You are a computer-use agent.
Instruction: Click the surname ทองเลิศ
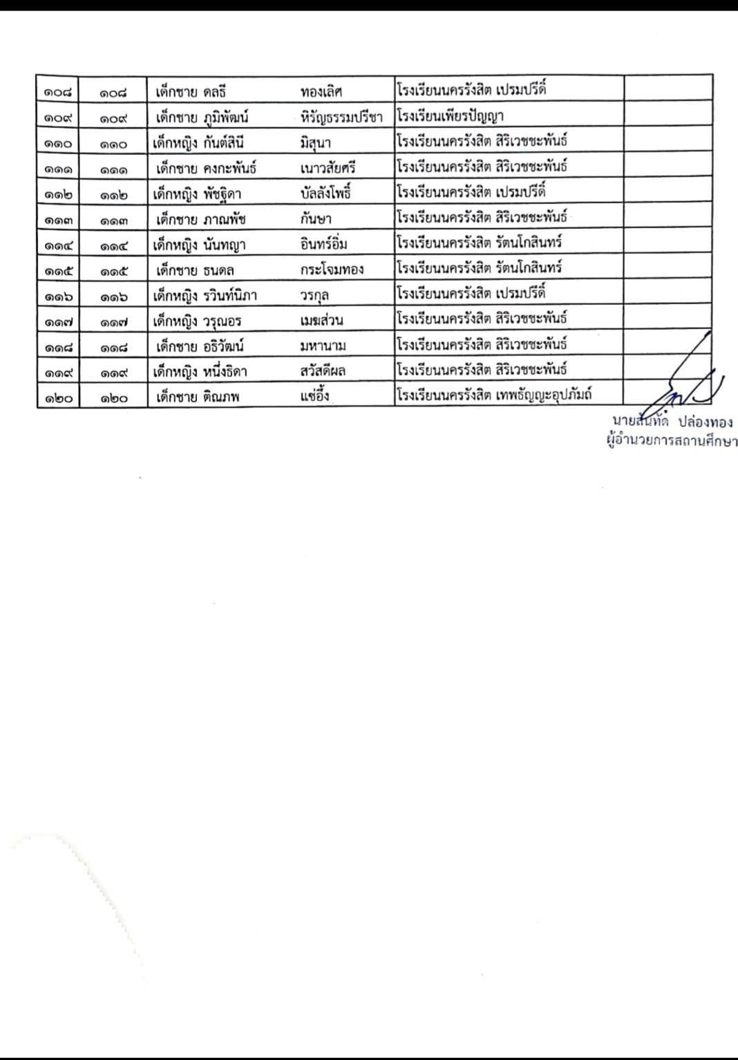tap(321, 92)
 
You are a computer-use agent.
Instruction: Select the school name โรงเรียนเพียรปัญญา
tap(450, 116)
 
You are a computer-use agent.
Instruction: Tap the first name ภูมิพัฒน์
tap(226, 118)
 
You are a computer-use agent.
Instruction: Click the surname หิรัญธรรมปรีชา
tap(341, 118)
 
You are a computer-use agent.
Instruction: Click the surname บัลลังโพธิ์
tap(325, 194)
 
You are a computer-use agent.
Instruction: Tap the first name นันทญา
tap(225, 245)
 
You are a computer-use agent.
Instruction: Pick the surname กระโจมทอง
tap(332, 270)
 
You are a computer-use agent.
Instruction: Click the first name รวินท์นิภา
tap(230, 296)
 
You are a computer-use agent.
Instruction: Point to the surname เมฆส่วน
tap(322, 321)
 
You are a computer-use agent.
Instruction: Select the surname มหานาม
tap(323, 346)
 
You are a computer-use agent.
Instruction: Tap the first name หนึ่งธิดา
tap(225, 372)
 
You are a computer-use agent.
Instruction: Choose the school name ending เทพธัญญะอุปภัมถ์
tap(543, 396)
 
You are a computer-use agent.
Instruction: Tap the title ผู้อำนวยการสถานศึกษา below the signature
tap(671, 441)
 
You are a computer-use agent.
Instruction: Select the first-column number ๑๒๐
tap(58, 398)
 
